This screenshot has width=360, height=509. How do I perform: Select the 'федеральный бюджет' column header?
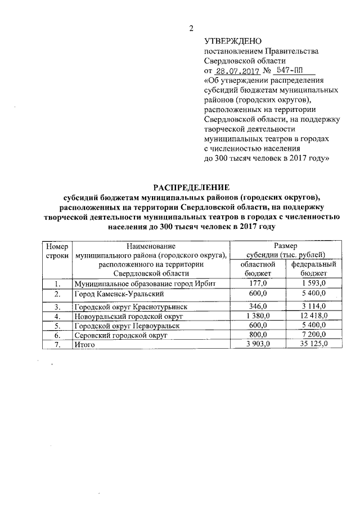pyautogui.click(x=313, y=268)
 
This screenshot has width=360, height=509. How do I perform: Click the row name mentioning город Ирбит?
pyautogui.click(x=145, y=282)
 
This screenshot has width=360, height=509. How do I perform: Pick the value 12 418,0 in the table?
pyautogui.click(x=313, y=316)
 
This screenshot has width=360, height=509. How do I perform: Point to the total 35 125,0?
pyautogui.click(x=313, y=344)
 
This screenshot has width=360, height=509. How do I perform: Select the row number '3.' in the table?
pyautogui.click(x=57, y=307)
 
